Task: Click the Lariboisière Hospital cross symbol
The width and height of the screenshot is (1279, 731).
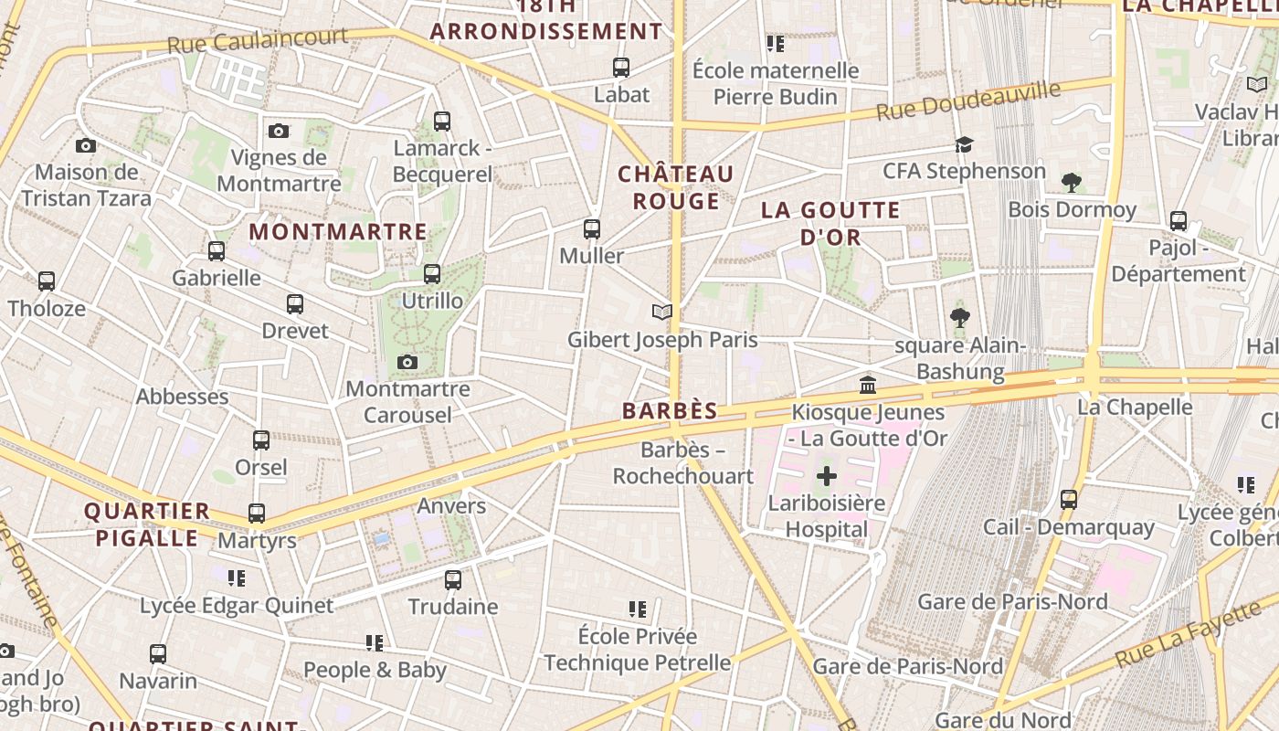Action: coord(827,476)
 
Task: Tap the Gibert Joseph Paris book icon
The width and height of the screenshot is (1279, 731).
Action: coord(662,313)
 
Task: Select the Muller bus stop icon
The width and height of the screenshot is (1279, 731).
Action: coord(592,229)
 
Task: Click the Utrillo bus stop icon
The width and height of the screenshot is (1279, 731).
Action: coord(432,274)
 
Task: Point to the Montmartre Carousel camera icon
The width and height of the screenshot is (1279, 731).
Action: coord(407,363)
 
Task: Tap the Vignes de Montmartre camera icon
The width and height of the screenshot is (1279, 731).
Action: coord(279,131)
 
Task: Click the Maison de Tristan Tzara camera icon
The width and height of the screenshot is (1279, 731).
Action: coord(86,145)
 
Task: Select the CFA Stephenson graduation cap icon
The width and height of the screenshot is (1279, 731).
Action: coord(964,144)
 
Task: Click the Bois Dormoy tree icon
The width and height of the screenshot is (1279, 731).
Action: coord(1072,183)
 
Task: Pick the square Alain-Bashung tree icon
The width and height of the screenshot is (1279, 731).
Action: coord(959,318)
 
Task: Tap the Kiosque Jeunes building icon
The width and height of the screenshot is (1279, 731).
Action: coord(868,386)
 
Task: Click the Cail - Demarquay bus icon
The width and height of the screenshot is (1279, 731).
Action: coord(1069,500)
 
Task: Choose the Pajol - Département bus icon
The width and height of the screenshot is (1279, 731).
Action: coord(1179,221)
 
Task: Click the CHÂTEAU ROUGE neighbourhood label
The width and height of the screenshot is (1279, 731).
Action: coord(676,187)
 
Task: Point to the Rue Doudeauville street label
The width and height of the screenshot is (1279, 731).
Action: coord(968,101)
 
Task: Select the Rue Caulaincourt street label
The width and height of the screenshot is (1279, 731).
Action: coord(257,41)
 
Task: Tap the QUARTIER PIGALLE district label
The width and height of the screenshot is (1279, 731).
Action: coord(147,524)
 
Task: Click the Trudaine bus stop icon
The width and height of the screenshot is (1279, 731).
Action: coord(453,579)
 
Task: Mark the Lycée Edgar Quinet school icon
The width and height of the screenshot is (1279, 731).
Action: coord(237,577)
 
